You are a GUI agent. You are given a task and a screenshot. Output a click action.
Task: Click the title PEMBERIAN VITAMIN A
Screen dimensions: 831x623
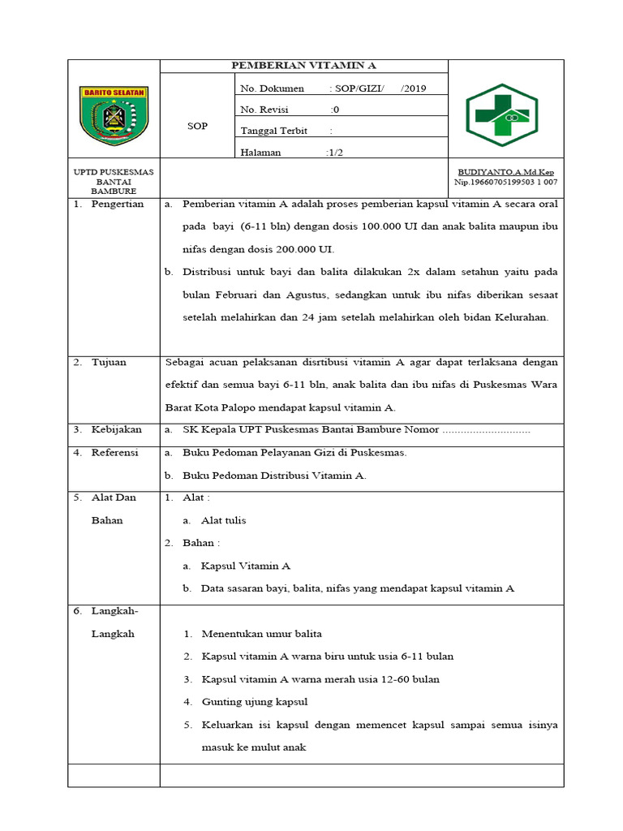(x=304, y=66)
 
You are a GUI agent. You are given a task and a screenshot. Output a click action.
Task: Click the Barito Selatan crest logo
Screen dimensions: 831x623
(x=114, y=116)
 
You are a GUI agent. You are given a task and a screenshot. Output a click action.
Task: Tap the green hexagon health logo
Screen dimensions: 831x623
(x=501, y=115)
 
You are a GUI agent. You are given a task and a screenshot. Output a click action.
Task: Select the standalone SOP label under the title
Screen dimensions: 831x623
(x=197, y=126)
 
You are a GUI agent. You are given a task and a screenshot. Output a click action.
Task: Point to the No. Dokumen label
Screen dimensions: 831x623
(x=272, y=88)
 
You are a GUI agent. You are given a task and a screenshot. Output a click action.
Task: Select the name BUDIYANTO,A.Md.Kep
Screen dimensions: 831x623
(x=505, y=172)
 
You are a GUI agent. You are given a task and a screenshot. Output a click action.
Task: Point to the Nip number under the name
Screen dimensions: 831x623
(x=505, y=183)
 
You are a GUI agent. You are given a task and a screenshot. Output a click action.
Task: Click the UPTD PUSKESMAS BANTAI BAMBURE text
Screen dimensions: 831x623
(x=114, y=181)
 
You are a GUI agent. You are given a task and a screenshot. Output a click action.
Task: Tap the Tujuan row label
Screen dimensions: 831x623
(x=110, y=362)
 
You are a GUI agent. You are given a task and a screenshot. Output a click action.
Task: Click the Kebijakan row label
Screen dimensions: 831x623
(x=117, y=429)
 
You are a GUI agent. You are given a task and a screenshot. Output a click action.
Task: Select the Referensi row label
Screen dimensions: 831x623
(x=115, y=452)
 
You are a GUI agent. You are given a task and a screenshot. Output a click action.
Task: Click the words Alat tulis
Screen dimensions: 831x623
(x=223, y=520)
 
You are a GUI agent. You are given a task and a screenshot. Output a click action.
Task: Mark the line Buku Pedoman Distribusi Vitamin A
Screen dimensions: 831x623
(x=274, y=476)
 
